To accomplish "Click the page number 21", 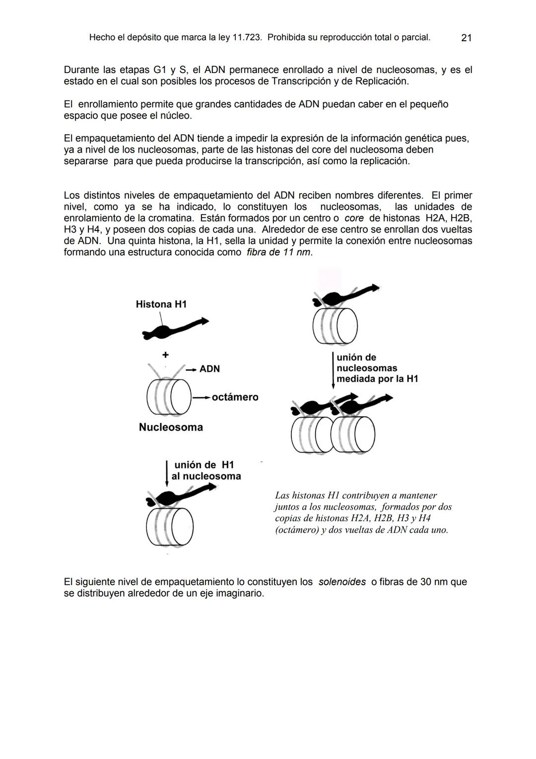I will [x=466, y=38].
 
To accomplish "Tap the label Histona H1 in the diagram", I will [x=161, y=304].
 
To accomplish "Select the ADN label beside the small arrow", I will [x=209, y=369].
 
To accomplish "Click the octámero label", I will [x=235, y=397].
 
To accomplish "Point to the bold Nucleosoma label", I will [x=171, y=427].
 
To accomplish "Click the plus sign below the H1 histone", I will [x=165, y=355].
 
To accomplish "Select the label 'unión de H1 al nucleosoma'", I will [x=206, y=470].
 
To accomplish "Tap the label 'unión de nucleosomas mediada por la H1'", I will [x=377, y=368].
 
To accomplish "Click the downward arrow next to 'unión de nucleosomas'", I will [x=333, y=371].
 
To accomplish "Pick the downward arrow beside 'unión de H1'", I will [x=167, y=474].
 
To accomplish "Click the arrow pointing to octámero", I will [x=201, y=397].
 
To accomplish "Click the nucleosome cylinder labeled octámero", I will [x=169, y=397].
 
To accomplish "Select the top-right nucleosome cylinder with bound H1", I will [x=335, y=326].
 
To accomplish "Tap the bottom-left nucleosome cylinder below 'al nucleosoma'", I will [x=170, y=527].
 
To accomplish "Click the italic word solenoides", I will [x=342, y=582].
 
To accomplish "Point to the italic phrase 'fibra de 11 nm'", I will [x=279, y=252].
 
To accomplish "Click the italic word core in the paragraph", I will [x=353, y=218].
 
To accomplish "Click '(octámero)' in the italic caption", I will [x=297, y=530].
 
